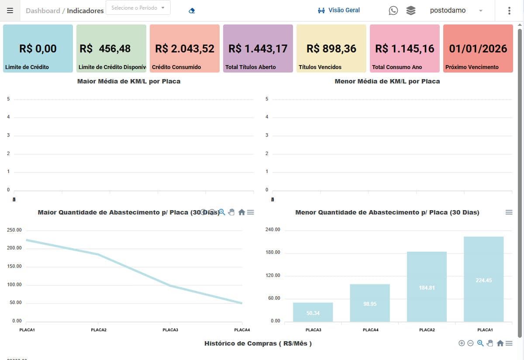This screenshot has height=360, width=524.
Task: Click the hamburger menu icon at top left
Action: point(10,10)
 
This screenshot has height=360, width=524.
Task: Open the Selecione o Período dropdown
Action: point(138,8)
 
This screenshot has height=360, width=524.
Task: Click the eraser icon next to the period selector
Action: point(192,10)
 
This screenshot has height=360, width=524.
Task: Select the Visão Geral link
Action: point(339,10)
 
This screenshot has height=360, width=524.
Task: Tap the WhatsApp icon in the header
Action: point(393,10)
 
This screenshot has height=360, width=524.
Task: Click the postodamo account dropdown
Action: point(456,10)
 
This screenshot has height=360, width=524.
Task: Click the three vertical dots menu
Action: point(509,10)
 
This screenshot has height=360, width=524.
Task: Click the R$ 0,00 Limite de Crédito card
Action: point(38,48)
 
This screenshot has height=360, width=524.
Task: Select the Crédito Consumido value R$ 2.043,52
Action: point(185,48)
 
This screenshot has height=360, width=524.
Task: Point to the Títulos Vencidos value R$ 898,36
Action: point(331,48)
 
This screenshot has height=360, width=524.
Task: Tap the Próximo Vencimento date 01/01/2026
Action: point(478,48)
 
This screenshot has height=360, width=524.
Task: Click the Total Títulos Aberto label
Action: point(251,67)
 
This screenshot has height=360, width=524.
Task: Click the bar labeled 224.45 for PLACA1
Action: point(484,280)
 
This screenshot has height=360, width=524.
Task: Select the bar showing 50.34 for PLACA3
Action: point(313,312)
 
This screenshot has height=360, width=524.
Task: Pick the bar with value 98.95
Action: point(370,303)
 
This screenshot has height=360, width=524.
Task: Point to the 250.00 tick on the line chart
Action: point(14,230)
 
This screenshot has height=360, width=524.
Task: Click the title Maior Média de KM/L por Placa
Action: point(129,81)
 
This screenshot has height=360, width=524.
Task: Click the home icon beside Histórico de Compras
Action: point(500,343)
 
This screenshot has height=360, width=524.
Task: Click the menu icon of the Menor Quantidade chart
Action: point(509,212)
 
